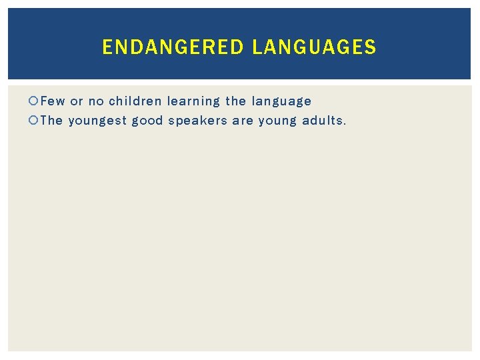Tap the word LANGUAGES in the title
pos(314,47)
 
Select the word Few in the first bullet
pos(53,101)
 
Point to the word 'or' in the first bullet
pos(77,101)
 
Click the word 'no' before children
pos(96,101)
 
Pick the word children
pos(135,101)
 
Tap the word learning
pos(193,102)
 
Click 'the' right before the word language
pos(235,101)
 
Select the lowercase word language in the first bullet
pos(281,102)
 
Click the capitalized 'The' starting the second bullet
pos(51,121)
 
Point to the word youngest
pos(97,121)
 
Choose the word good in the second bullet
pos(147,121)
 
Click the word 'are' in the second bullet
pos(243,121)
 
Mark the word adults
pos(323,121)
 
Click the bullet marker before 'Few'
pos(34,101)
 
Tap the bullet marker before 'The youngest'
pos(34,121)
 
